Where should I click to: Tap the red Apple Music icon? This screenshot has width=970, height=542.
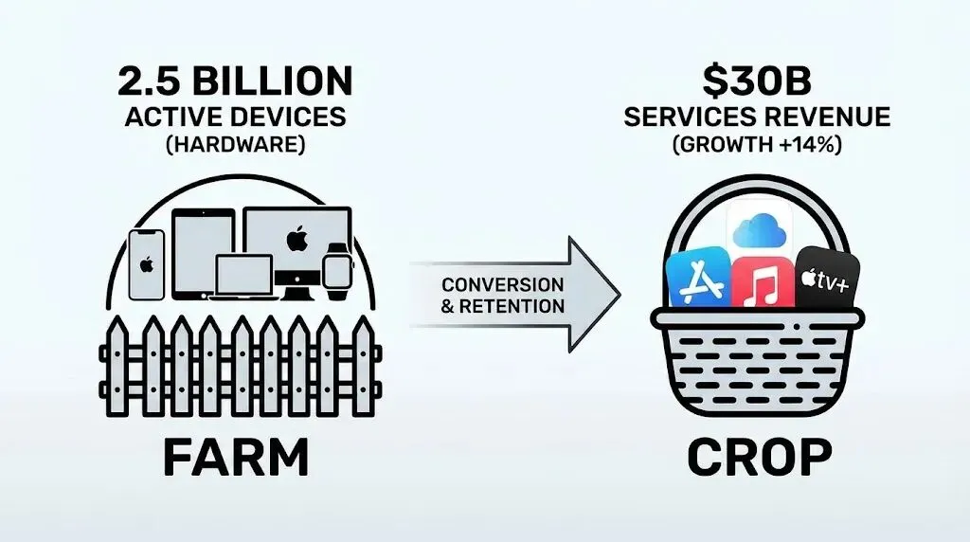pyautogui.click(x=763, y=281)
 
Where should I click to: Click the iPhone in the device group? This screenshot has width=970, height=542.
pyautogui.click(x=147, y=263)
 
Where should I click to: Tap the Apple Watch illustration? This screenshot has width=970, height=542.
pyautogui.click(x=335, y=266)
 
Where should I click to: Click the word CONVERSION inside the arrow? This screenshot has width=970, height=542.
pyautogui.click(x=502, y=284)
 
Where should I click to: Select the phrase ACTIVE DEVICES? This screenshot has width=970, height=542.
pyautogui.click(x=235, y=117)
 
